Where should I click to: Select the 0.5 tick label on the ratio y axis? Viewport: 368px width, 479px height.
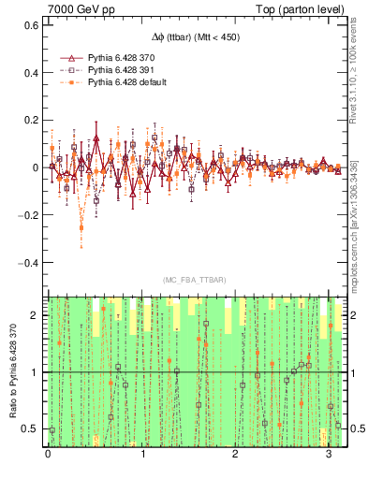coord(32,429)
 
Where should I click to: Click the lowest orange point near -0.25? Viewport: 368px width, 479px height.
coord(81,227)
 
